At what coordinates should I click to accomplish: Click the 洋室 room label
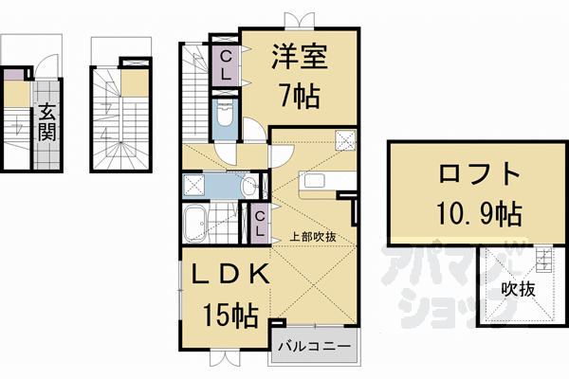click(301, 58)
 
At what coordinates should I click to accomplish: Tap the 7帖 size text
click(301, 95)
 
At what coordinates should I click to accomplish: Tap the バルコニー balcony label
click(316, 347)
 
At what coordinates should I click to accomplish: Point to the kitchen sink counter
click(314, 182)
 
